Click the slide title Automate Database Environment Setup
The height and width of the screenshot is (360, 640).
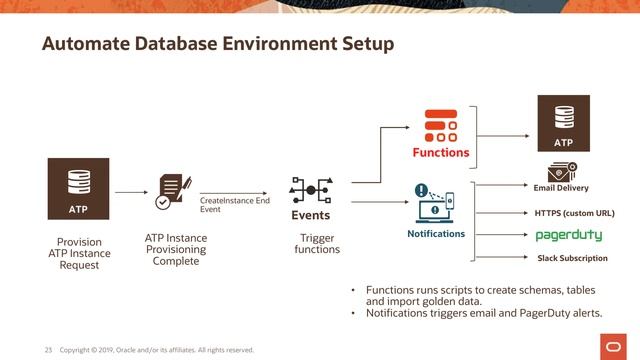pyautogui.click(x=217, y=45)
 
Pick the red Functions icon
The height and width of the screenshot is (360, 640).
pyautogui.click(x=440, y=126)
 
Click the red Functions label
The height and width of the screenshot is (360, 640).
pyautogui.click(x=441, y=153)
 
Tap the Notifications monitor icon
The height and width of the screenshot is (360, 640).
pyautogui.click(x=435, y=204)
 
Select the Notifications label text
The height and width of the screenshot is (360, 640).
pyautogui.click(x=436, y=234)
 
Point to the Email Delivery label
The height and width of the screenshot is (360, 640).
pyautogui.click(x=561, y=188)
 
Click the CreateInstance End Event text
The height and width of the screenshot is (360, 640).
pyautogui.click(x=234, y=205)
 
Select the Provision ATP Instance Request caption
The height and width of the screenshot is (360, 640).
pyautogui.click(x=78, y=254)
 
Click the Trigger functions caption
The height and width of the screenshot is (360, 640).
pyautogui.click(x=317, y=244)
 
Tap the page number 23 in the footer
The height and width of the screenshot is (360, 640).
pyautogui.click(x=47, y=350)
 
